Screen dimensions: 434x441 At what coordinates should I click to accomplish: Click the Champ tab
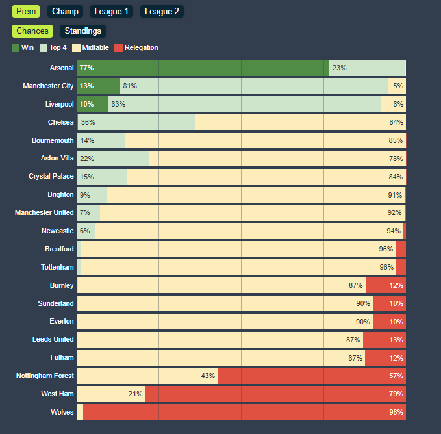[x=65, y=11]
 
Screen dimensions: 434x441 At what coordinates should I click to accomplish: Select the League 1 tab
[x=111, y=11]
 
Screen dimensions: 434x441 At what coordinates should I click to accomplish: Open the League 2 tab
[x=162, y=11]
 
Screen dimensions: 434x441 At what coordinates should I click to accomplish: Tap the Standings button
[x=82, y=31]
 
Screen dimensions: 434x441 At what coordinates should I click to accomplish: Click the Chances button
[x=32, y=31]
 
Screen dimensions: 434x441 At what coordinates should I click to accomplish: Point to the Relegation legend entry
[x=136, y=47]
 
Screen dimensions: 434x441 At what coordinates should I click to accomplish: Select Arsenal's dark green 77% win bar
[x=203, y=68]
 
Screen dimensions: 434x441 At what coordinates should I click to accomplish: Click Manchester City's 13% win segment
[x=98, y=86]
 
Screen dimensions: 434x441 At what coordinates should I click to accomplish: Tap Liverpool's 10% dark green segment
[x=92, y=104]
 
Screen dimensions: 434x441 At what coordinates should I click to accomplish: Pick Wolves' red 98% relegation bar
[x=244, y=412]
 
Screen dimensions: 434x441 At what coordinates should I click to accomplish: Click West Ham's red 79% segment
[x=275, y=394]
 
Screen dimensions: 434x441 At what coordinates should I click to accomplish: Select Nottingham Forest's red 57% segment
[x=312, y=376]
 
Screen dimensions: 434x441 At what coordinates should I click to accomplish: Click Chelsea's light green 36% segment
[x=136, y=122]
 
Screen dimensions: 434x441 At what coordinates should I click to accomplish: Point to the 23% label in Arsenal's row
[x=339, y=68]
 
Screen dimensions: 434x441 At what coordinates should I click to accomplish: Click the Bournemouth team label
[x=53, y=140]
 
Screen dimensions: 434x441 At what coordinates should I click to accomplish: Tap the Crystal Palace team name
[x=51, y=177]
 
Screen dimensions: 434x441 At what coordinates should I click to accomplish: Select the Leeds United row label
[x=53, y=339]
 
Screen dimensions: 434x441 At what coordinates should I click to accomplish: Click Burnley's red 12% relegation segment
[x=386, y=285]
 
